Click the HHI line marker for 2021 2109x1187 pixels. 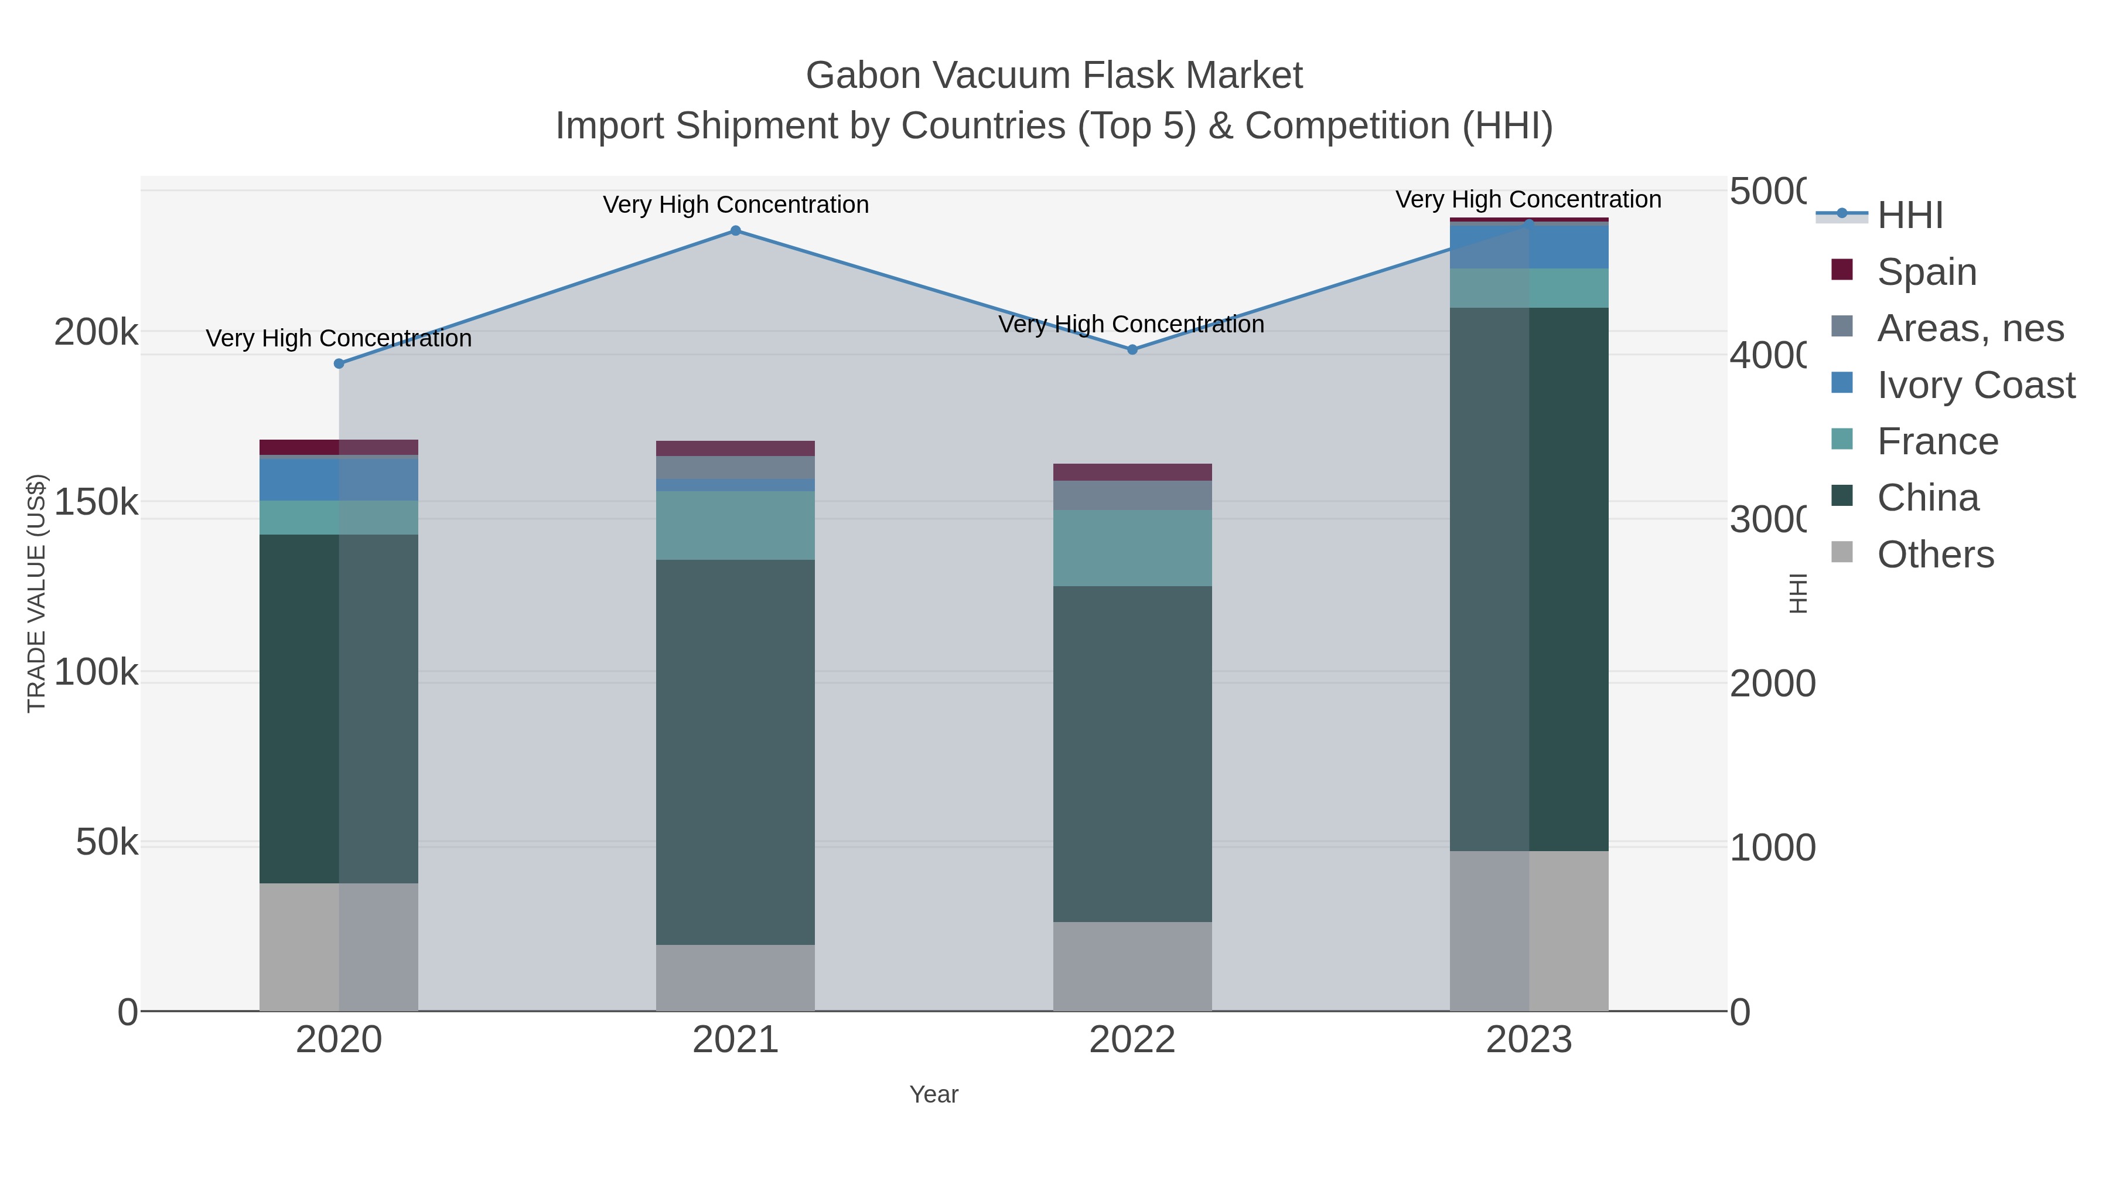tap(735, 231)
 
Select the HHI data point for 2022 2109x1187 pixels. tap(1132, 350)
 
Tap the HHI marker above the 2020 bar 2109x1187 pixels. tap(339, 363)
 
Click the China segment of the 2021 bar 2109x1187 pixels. tap(735, 752)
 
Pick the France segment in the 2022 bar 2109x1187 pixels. tap(1132, 548)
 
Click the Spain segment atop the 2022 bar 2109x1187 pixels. tap(1132, 472)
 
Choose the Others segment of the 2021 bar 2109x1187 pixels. tap(735, 978)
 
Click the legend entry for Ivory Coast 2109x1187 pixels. tap(1975, 385)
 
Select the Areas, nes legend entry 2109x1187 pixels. tap(1970, 328)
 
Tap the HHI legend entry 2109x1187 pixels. tap(1909, 216)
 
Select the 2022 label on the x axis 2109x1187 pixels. tap(1132, 1040)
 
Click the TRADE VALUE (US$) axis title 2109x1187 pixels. tap(37, 593)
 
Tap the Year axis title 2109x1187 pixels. tap(933, 1094)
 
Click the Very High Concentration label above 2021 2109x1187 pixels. tap(735, 205)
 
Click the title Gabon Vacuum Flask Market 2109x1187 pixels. tap(1054, 76)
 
